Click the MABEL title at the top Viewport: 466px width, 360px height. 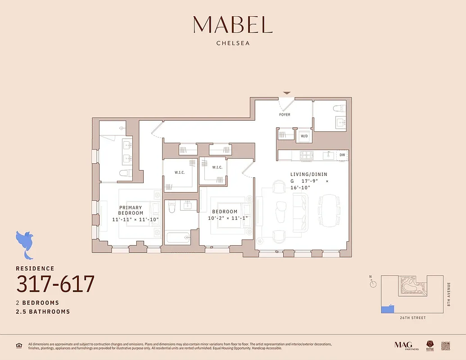(x=233, y=25)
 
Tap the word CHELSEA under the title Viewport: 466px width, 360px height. (x=233, y=44)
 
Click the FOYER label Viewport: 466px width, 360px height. (x=285, y=115)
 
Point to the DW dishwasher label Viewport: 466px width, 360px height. (x=342, y=155)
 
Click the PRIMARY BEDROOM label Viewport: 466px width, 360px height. (x=131, y=211)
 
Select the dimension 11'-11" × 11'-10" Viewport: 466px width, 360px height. (x=136, y=220)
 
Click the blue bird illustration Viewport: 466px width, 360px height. (x=25, y=244)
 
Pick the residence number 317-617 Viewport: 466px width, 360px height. (x=55, y=284)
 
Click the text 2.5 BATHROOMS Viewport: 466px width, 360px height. (x=43, y=311)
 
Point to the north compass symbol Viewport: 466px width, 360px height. (x=372, y=283)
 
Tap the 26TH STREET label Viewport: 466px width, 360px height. (x=413, y=318)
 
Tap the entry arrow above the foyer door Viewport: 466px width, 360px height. (x=286, y=94)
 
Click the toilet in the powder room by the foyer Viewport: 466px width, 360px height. (x=339, y=108)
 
